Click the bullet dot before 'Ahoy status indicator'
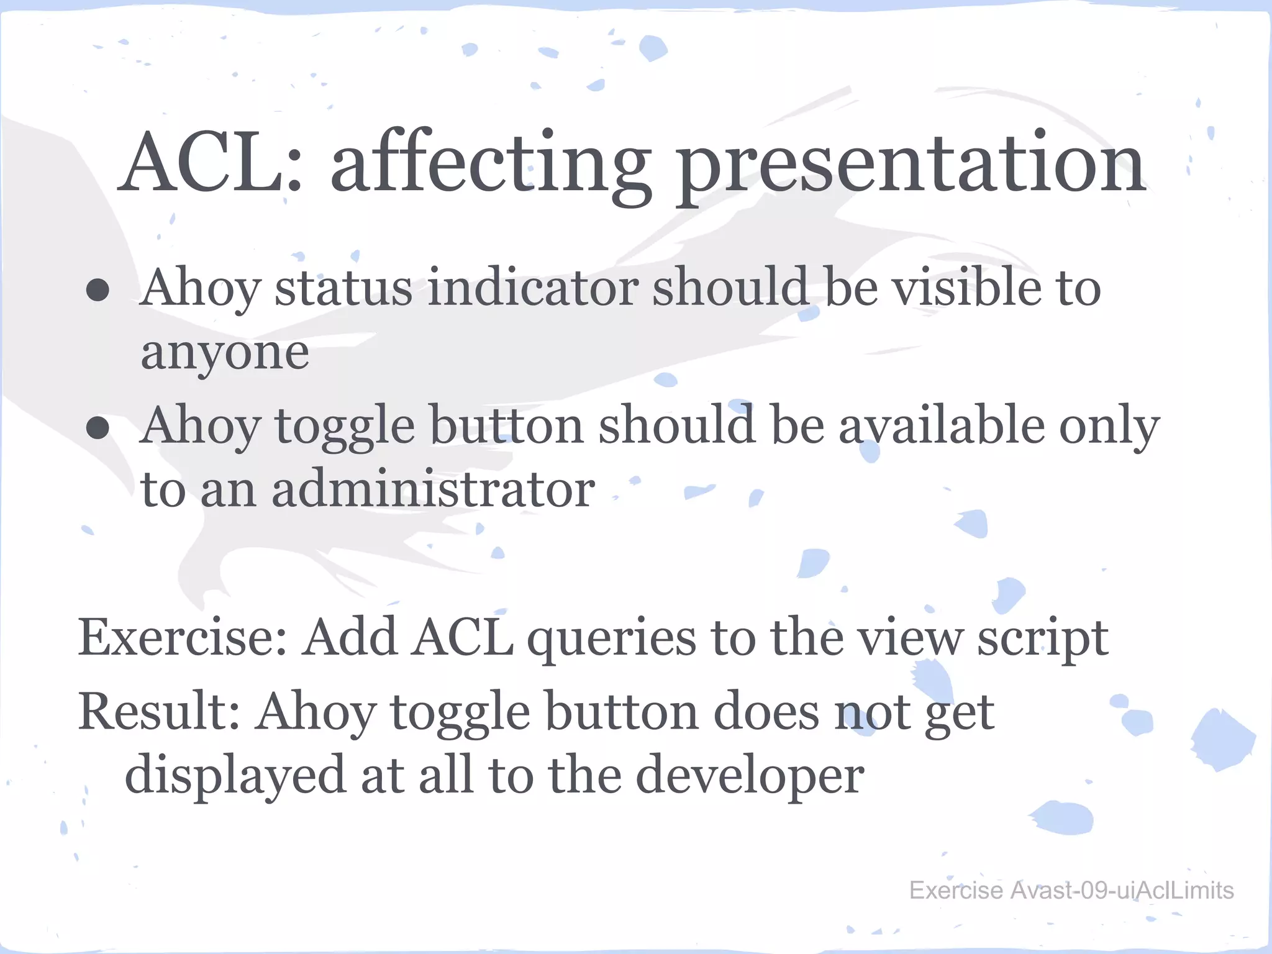tap(98, 289)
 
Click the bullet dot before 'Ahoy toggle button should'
tap(98, 427)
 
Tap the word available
tap(942, 426)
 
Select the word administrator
tap(433, 489)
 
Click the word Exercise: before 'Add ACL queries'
tap(182, 637)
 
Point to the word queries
tap(611, 640)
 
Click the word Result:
tap(159, 712)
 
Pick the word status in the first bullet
tap(343, 288)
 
